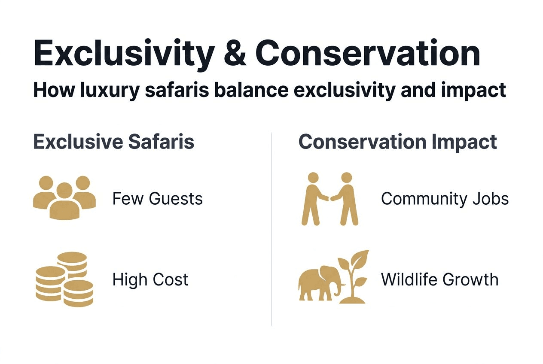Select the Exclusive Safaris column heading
(114, 142)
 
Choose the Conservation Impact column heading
(397, 142)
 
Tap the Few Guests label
(157, 199)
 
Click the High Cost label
(150, 279)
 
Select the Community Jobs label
(445, 199)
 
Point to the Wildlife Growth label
(439, 279)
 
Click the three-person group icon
(64, 197)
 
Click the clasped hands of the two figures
(329, 198)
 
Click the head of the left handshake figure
(313, 178)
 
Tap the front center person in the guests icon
(64, 204)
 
